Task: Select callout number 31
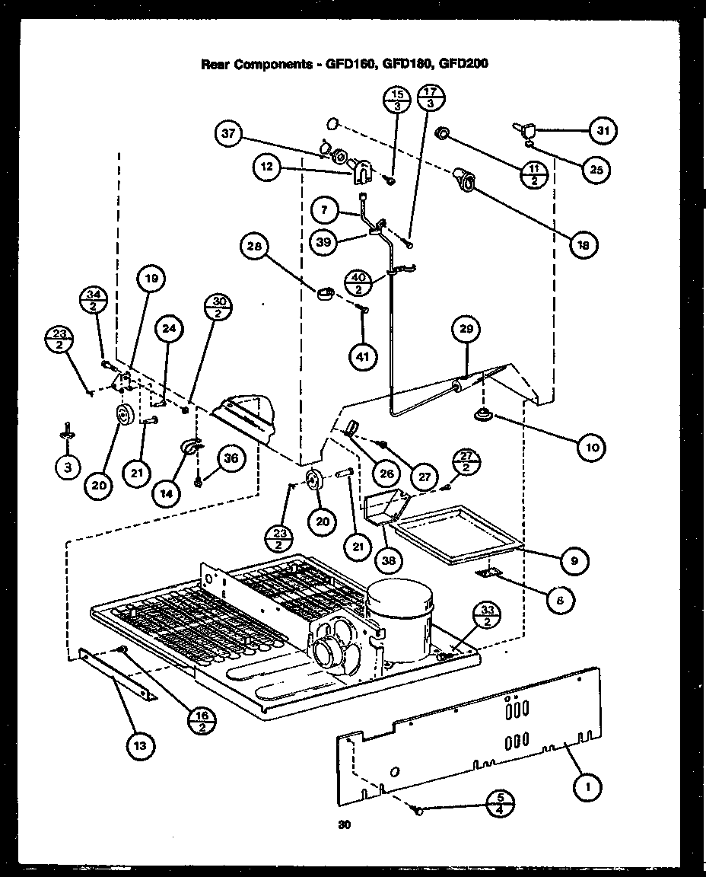click(x=603, y=130)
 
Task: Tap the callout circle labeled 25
click(x=596, y=170)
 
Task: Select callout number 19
click(x=151, y=279)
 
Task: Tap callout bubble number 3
click(x=68, y=468)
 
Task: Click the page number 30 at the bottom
click(x=344, y=824)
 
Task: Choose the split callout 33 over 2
click(x=486, y=615)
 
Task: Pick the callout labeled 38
click(x=389, y=559)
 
